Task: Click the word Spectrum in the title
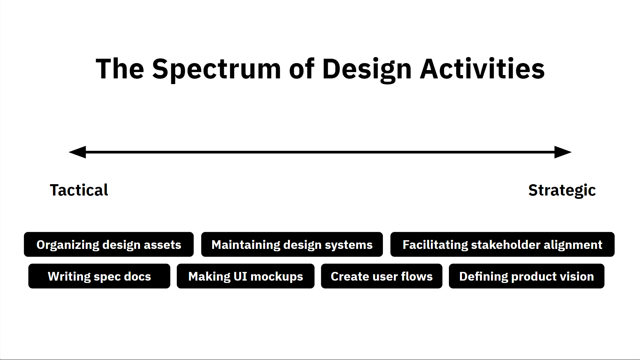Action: (x=217, y=69)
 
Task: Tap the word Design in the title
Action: (x=367, y=69)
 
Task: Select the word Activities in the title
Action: (x=482, y=69)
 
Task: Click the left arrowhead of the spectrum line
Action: (x=78, y=152)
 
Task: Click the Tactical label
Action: (x=79, y=190)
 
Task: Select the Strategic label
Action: (x=562, y=191)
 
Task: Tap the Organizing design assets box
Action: (x=109, y=245)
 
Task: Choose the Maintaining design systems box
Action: (x=292, y=245)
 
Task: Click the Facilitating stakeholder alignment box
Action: (x=502, y=245)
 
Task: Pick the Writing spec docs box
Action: (x=99, y=276)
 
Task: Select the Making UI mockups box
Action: (x=245, y=276)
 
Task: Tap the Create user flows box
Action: (x=382, y=276)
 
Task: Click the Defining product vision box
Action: (x=526, y=276)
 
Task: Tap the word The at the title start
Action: (x=120, y=69)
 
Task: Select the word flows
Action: (x=417, y=276)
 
